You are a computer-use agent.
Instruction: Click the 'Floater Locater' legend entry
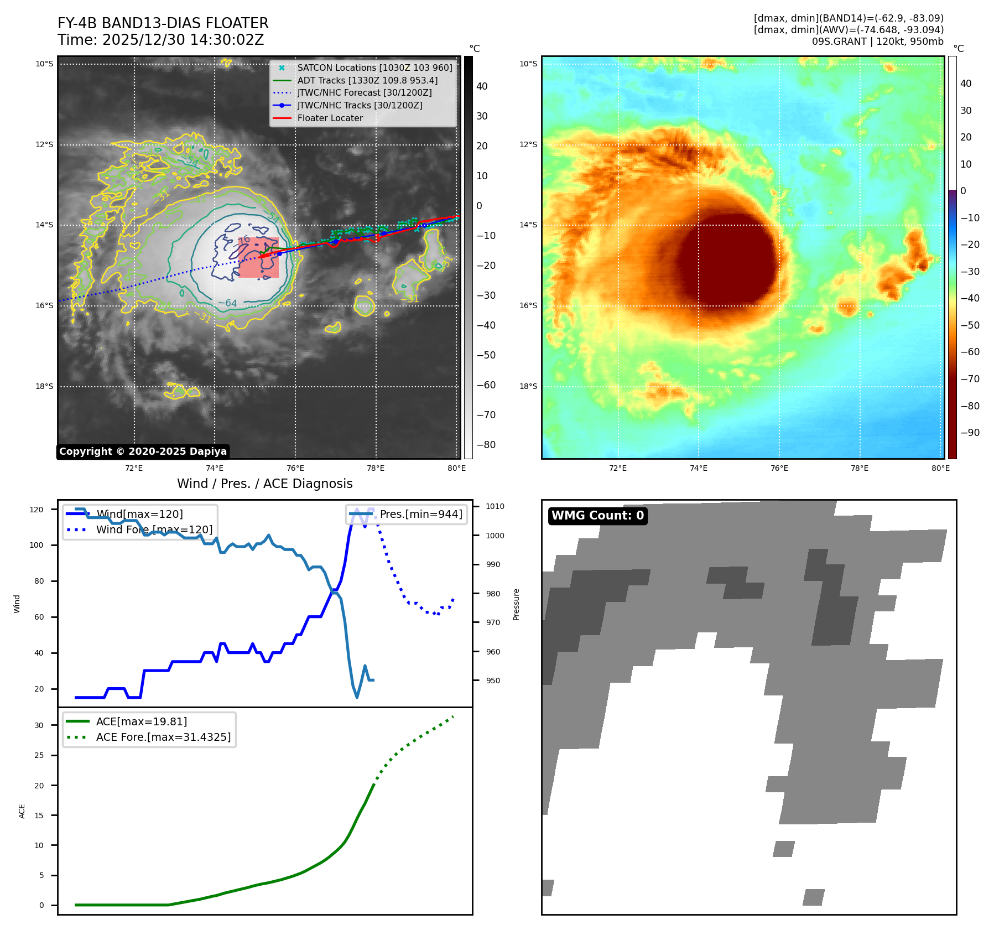[x=330, y=118]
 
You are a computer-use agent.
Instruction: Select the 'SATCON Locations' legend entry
[x=374, y=67]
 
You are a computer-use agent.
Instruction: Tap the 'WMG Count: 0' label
[x=597, y=516]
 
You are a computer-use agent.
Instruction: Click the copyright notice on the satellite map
[x=143, y=451]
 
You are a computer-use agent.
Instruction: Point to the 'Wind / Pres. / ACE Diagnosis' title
[x=264, y=484]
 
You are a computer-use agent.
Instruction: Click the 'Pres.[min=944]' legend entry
[x=420, y=514]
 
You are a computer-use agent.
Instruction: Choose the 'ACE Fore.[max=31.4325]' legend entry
[x=163, y=737]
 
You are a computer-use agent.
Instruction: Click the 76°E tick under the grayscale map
[x=295, y=468]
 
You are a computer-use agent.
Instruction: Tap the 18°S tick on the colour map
[x=528, y=386]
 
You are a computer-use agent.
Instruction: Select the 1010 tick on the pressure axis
[x=495, y=506]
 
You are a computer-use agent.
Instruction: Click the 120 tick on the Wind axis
[x=37, y=510]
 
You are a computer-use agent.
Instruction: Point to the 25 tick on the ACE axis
[x=39, y=755]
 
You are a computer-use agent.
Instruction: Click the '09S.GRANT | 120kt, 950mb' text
[x=877, y=41]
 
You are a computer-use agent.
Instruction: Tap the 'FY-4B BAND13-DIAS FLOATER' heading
[x=163, y=23]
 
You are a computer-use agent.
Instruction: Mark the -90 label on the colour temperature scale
[x=970, y=433]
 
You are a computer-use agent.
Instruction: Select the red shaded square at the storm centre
[x=258, y=257]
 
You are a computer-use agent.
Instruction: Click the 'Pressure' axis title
[x=516, y=604]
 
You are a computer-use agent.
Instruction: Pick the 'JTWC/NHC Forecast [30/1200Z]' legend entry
[x=364, y=92]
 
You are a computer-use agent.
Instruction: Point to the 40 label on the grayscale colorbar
[x=482, y=86]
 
